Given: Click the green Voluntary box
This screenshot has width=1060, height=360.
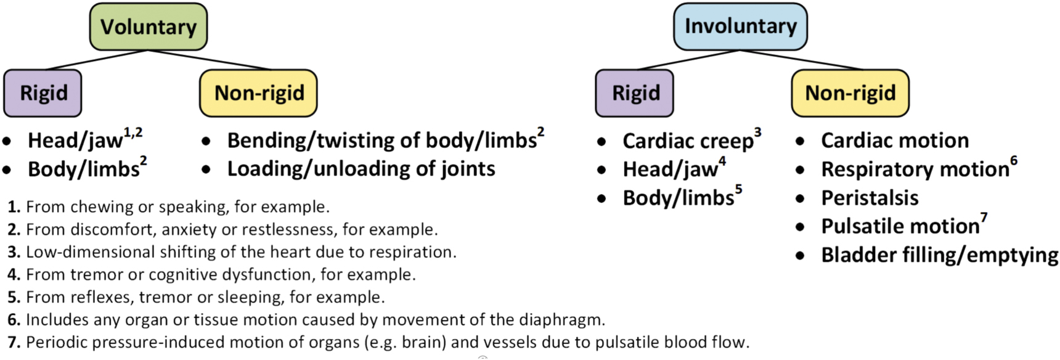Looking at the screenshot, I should point(148,27).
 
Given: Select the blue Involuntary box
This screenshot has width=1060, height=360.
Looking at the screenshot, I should point(740,27).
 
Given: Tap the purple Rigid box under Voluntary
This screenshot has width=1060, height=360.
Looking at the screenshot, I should point(43,93).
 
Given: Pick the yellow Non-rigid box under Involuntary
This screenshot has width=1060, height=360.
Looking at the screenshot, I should point(850,93).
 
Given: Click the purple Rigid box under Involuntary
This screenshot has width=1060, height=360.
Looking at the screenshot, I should point(635,93).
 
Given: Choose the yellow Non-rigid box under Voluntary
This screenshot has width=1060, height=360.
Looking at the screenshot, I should point(259,93).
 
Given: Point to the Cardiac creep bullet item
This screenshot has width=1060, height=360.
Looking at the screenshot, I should point(687,141).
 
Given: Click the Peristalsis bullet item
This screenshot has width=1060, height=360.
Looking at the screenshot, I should point(870,198).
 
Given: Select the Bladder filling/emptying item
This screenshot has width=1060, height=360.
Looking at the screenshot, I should point(939,255).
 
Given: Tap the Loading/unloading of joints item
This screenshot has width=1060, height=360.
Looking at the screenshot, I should point(361,169).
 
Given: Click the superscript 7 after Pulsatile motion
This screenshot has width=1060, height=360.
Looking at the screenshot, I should point(984,218).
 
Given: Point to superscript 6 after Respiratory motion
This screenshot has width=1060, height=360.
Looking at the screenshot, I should point(1014,161).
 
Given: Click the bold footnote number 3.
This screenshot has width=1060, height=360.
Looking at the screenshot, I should point(14,252).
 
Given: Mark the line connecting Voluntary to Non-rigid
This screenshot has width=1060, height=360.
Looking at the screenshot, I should point(210,60).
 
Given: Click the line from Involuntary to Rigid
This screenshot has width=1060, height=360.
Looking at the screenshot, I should point(688,60).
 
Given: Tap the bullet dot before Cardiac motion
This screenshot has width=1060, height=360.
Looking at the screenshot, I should point(800,141).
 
